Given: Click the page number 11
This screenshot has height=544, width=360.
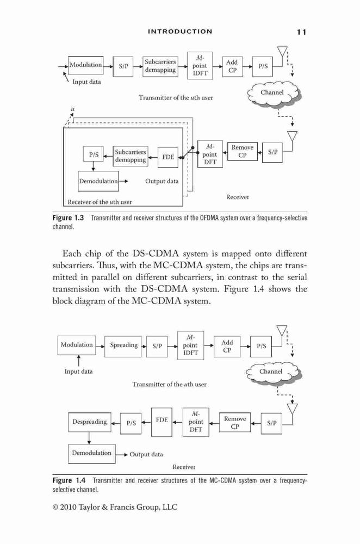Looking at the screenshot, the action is click(301, 32).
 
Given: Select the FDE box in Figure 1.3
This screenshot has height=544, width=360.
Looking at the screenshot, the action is click(168, 158).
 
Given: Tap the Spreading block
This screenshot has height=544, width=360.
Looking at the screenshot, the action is click(123, 346).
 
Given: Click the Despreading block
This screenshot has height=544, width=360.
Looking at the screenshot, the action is click(90, 422).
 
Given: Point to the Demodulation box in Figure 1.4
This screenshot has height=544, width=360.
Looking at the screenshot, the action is click(91, 454).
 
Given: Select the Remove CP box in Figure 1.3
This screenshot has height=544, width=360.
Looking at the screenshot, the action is click(243, 151).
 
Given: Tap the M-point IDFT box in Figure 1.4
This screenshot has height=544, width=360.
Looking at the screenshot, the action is click(190, 345).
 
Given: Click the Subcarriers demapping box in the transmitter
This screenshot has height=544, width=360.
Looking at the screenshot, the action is click(160, 66).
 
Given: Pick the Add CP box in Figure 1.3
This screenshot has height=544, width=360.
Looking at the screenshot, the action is click(232, 66).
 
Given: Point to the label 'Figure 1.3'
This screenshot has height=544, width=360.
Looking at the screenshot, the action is click(69, 218).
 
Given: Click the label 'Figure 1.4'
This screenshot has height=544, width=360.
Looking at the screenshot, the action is click(69, 480).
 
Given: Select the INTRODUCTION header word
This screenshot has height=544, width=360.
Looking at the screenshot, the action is click(180, 32).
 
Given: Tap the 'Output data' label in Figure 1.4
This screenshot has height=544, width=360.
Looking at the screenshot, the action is click(146, 454).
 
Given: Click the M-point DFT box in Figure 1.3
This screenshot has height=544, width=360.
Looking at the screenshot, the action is click(210, 154).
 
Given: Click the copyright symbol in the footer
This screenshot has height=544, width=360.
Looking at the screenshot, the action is click(55, 507).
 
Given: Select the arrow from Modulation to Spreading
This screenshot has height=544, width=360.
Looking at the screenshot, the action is click(100, 346).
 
